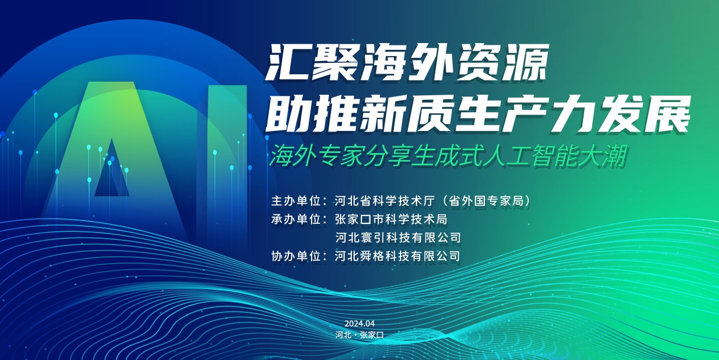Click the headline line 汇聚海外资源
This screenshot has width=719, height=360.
406,62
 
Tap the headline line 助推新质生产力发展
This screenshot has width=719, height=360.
477,115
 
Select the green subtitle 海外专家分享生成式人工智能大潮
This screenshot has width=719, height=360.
448,156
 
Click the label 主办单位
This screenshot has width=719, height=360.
296,201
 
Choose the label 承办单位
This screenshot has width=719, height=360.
296,219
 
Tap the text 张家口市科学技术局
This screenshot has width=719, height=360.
391,219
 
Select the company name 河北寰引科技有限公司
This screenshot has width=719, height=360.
398,238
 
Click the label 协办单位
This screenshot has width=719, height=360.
296,256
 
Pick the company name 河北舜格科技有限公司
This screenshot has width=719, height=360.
397,256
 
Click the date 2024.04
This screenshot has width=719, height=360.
359,323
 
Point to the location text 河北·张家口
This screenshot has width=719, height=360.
359,335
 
